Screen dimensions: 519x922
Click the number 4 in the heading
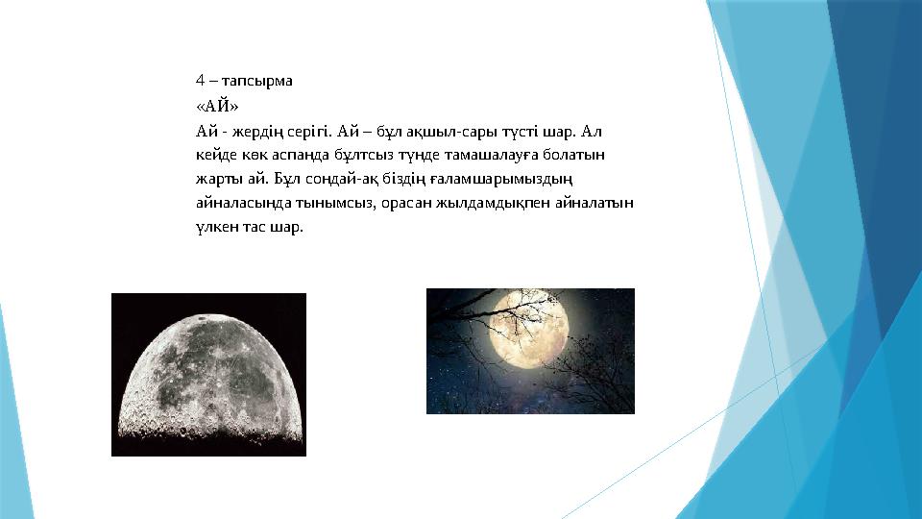point(200,81)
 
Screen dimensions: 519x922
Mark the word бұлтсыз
point(356,155)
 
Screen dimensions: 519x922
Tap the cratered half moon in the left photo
point(208,380)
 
